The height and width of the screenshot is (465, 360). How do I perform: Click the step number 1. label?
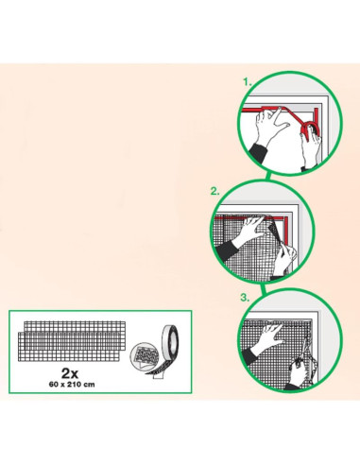(248, 82)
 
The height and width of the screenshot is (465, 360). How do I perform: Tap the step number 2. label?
(215, 191)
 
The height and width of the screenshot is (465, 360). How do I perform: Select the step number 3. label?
(245, 298)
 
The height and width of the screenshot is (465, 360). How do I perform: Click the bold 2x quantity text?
(70, 373)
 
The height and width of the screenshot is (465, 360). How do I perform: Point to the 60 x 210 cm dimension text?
(72, 385)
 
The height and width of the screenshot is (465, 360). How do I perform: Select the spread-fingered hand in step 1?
(269, 125)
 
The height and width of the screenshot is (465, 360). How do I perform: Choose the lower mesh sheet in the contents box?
(69, 347)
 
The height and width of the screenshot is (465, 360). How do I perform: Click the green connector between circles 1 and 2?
(267, 176)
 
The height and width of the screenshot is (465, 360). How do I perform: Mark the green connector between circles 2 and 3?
(263, 288)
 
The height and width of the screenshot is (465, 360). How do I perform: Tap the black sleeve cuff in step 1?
(259, 153)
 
